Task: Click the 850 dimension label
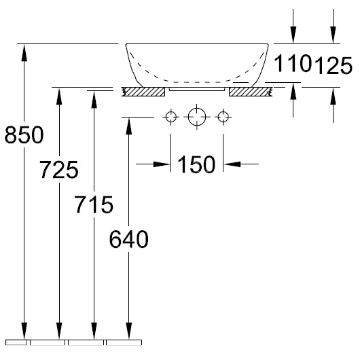pyautogui.click(x=24, y=134)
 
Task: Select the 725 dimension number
pyautogui.click(x=59, y=170)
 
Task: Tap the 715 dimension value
pyautogui.click(x=94, y=204)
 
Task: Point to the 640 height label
pyautogui.click(x=129, y=239)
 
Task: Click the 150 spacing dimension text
pyautogui.click(x=196, y=164)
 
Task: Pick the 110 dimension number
pyautogui.click(x=293, y=63)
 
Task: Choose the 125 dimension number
pyautogui.click(x=333, y=65)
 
